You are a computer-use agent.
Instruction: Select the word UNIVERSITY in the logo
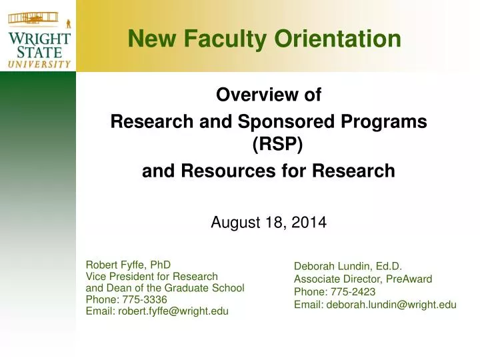(39, 64)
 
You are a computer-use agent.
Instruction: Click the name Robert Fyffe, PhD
(129, 264)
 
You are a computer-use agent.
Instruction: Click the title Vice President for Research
(152, 276)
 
